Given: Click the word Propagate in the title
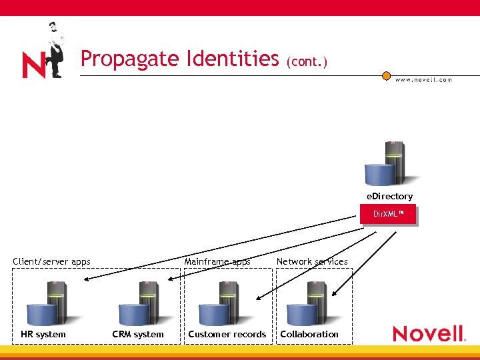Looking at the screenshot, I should [123, 60].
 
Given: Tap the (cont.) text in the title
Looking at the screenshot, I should [307, 62].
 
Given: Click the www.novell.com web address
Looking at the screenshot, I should [423, 79].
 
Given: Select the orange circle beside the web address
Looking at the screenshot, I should [386, 76].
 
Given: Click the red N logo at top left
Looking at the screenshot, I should [34, 66].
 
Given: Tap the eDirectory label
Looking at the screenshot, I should [389, 196].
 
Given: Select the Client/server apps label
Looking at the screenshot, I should [51, 261].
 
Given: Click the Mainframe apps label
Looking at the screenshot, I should [217, 261].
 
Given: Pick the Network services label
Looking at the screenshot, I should [312, 261].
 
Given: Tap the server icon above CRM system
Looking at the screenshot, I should [140, 303].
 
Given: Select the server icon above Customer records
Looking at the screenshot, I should [221, 303].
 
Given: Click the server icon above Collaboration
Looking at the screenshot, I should [307, 303].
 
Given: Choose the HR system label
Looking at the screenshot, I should [43, 334].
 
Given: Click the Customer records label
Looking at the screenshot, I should [227, 334].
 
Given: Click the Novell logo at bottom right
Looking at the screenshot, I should [429, 333].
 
